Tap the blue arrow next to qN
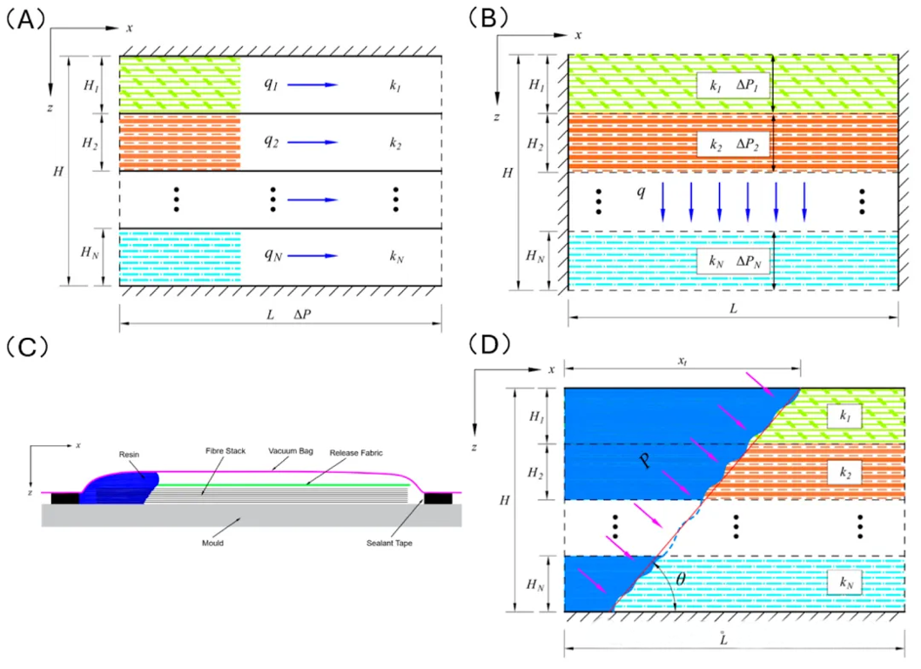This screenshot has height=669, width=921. tap(312, 256)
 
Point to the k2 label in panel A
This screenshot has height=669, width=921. tap(396, 143)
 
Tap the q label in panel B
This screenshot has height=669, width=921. tap(641, 191)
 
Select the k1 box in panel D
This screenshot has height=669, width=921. tap(844, 418)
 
